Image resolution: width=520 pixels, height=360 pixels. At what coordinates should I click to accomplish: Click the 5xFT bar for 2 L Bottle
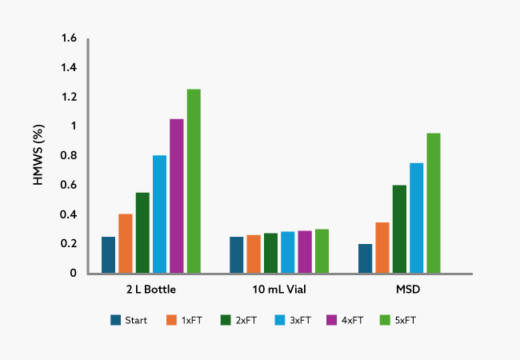[194, 181]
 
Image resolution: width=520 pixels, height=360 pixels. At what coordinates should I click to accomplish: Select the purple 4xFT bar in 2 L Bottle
[176, 196]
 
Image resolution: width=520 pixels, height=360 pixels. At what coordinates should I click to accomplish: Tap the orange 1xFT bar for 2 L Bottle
[125, 243]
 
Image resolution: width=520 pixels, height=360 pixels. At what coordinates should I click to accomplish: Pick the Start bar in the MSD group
[365, 258]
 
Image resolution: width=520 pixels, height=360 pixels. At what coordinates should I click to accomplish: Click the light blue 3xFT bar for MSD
[416, 218]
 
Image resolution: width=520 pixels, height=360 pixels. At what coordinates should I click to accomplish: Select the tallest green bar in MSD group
[433, 203]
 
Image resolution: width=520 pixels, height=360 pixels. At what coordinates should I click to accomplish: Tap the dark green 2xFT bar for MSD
[398, 229]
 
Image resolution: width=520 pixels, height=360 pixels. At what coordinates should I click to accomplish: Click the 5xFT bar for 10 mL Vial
[322, 251]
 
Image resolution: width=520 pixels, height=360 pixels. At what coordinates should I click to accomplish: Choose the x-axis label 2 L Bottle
[150, 288]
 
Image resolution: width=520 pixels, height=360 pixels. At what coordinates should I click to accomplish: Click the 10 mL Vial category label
[279, 288]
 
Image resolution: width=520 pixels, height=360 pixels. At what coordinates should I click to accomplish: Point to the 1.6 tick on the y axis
[68, 38]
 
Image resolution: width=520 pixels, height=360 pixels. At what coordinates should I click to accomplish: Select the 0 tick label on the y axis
[73, 273]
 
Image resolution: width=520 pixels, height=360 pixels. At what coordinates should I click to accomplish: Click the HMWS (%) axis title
[38, 156]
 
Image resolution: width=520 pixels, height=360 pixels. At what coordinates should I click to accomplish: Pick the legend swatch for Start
[117, 320]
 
